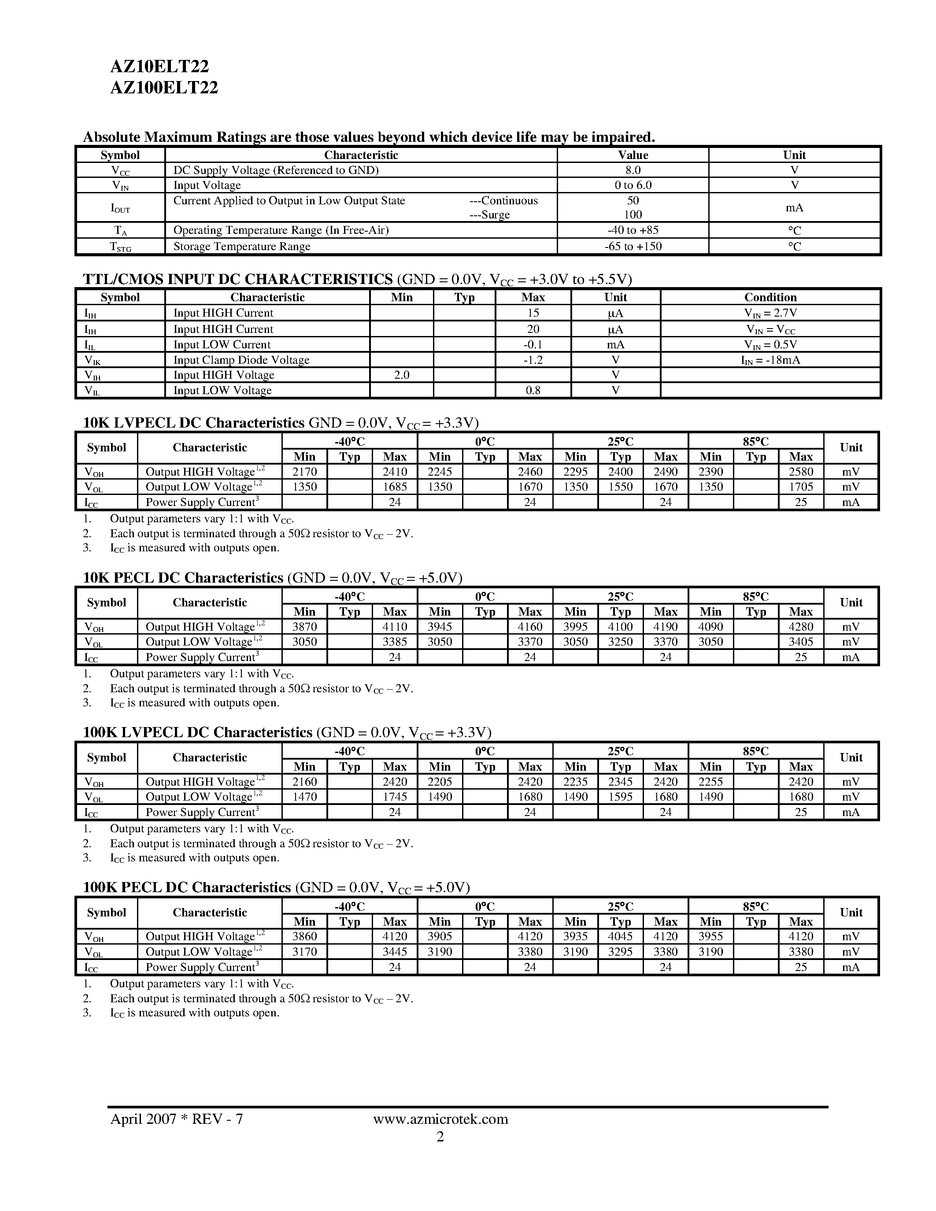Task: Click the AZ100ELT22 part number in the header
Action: click(164, 88)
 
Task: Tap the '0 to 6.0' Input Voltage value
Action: click(633, 185)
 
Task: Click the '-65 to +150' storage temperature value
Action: click(633, 246)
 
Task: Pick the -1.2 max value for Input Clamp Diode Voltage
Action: click(533, 360)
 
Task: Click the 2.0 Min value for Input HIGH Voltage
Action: click(401, 375)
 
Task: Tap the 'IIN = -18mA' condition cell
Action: click(770, 360)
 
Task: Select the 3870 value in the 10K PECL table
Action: click(304, 627)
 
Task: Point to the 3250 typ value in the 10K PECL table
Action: click(621, 642)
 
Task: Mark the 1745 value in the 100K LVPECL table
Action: click(394, 797)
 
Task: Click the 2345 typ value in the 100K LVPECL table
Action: click(621, 782)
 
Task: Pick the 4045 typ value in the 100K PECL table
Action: click(621, 937)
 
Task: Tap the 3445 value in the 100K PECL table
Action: click(394, 952)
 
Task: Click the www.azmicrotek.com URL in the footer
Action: click(440, 1119)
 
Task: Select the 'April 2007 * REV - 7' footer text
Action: click(176, 1119)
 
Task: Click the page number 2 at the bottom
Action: click(440, 1137)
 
